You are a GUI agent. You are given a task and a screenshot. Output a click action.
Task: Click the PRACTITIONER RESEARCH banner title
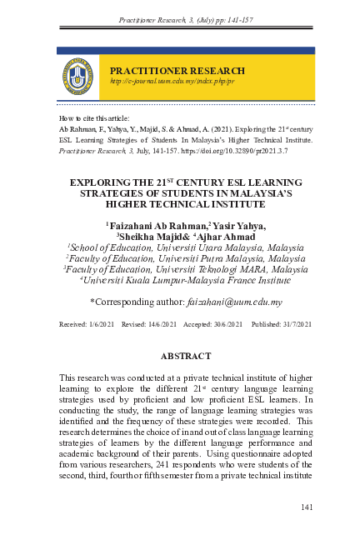pyautogui.click(x=177, y=71)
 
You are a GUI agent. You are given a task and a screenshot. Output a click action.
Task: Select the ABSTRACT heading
pyautogui.click(x=185, y=356)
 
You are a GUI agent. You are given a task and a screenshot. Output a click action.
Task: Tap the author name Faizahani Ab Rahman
pyautogui.click(x=157, y=226)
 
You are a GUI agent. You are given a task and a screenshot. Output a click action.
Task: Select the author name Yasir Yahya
pyautogui.click(x=240, y=226)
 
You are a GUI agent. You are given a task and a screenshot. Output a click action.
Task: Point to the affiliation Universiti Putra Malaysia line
pyautogui.click(x=185, y=258)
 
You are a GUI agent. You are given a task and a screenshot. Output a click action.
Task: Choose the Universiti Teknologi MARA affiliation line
pyautogui.click(x=185, y=269)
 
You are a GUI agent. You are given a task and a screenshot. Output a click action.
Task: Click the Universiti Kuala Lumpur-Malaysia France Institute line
pyautogui.click(x=185, y=280)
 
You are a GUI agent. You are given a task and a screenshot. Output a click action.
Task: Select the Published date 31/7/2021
pyautogui.click(x=280, y=322)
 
